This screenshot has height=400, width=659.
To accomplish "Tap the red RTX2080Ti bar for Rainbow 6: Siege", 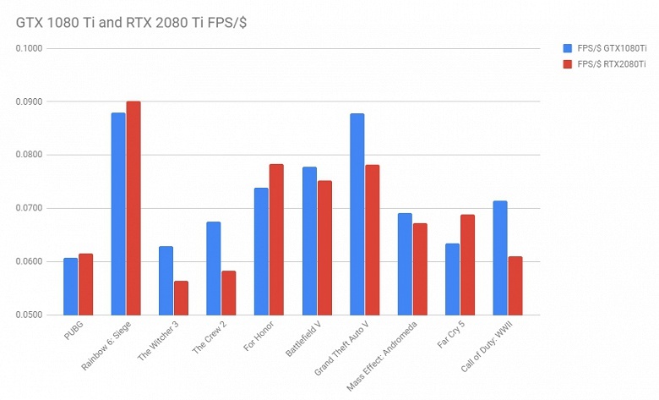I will tap(133, 208).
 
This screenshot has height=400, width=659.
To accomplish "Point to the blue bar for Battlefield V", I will tap(309, 241).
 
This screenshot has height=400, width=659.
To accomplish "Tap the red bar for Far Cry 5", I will tap(467, 265).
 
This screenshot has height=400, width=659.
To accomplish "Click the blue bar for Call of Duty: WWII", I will tap(500, 258).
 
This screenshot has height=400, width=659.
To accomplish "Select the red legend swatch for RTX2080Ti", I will tap(566, 64).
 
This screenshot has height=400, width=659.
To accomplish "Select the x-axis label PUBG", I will tap(74, 331).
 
